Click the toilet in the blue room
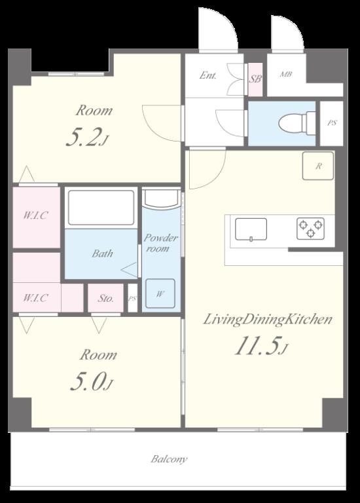pos(297,124)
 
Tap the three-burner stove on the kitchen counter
pos(310,229)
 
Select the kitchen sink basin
pos(251,229)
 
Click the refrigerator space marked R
pos(318,166)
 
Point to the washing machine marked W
pos(160,293)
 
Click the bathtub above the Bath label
pos(101,208)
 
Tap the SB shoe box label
pos(255,79)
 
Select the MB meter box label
pos(286,75)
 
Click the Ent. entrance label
pos(207,75)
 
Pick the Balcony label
pos(169,459)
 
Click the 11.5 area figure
pos(261,346)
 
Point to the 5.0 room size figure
pos(92,382)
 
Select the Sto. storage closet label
pos(106,299)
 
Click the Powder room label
pos(160,243)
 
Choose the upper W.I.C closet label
pos(35,215)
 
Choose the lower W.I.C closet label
pos(35,298)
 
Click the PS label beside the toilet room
pos(332,123)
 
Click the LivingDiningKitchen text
pos(268,320)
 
